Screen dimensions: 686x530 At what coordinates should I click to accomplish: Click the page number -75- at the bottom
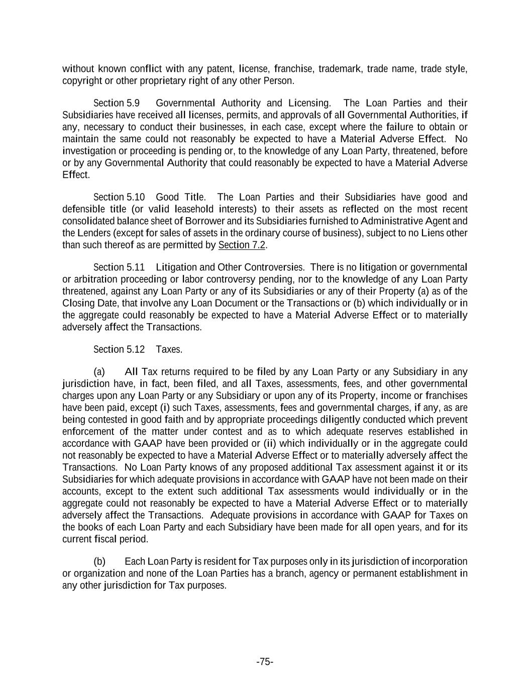265,661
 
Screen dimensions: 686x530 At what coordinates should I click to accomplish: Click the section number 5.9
133,103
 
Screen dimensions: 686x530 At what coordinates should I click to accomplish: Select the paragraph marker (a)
99,372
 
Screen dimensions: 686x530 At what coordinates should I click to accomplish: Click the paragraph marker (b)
99,561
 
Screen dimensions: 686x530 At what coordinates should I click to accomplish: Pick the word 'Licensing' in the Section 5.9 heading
309,103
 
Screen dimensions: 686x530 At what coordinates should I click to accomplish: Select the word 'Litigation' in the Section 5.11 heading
177,267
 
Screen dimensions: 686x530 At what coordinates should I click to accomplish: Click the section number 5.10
135,197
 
